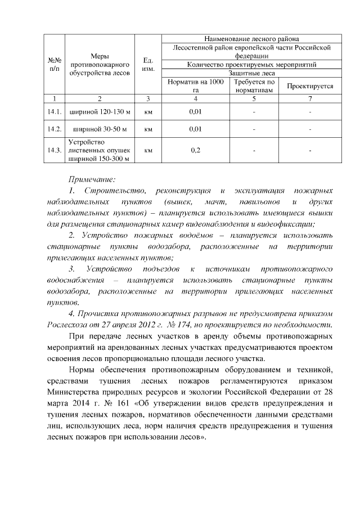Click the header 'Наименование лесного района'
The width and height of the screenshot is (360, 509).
pos(251,39)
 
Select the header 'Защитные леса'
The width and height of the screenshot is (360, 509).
pos(251,73)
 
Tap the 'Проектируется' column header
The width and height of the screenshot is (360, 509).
pos(310,86)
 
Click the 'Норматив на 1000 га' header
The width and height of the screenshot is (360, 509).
pos(196,86)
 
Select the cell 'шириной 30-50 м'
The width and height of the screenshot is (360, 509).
pos(100,129)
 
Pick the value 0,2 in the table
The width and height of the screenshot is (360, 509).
pos(196,150)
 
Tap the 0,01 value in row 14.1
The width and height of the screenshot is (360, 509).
pos(196,112)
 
